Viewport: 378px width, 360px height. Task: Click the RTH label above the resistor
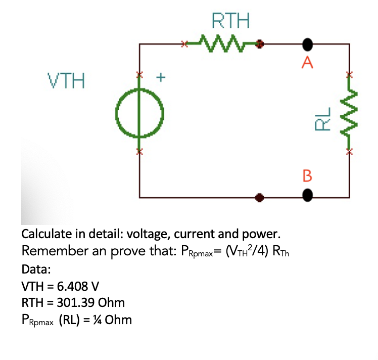pyautogui.click(x=230, y=21)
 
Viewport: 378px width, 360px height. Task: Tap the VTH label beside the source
pyautogui.click(x=66, y=80)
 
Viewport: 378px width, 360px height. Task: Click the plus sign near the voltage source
pyautogui.click(x=161, y=78)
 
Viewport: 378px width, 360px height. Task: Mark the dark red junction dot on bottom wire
pyautogui.click(x=260, y=196)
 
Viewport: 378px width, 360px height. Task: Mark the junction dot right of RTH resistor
pyautogui.click(x=260, y=44)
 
